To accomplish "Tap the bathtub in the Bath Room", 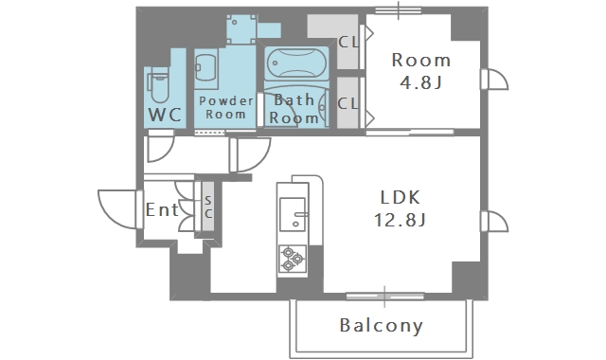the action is [x=296, y=63].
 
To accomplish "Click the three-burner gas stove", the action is [x=293, y=259].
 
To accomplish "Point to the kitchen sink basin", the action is [x=293, y=214].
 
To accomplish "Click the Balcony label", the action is [x=382, y=326].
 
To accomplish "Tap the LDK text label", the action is [x=401, y=198].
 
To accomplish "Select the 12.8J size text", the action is [x=400, y=220].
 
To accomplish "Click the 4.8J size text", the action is [x=420, y=82].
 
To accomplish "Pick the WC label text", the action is [x=165, y=115].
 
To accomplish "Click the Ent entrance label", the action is [x=162, y=210].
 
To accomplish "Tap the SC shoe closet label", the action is [x=208, y=207].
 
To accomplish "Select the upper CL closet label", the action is [x=348, y=42].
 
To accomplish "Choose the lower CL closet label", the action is [x=348, y=103].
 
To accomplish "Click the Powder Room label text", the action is [x=225, y=107].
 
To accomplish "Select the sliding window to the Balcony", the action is [x=384, y=297].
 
